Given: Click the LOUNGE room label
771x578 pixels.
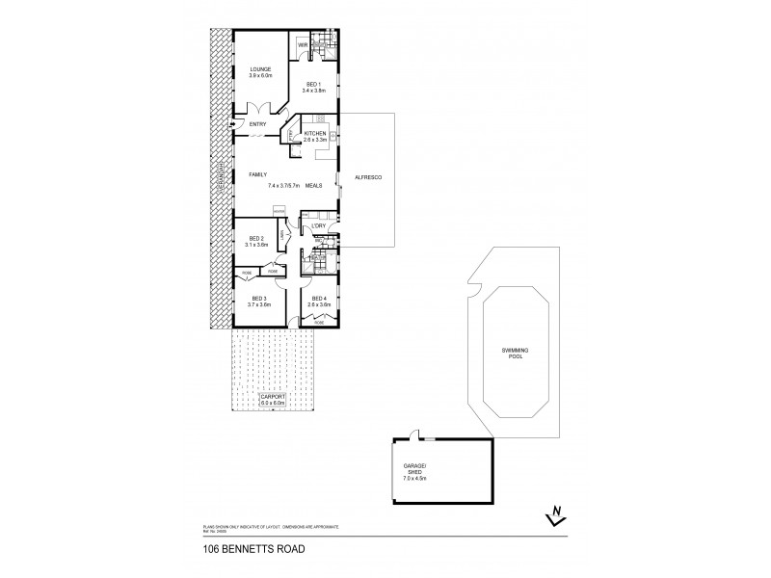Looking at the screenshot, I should pyautogui.click(x=260, y=69).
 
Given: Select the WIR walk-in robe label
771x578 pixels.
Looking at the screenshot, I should pyautogui.click(x=302, y=45).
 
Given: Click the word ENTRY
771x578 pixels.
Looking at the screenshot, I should pyautogui.click(x=258, y=124).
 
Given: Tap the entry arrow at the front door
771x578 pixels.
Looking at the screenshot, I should pyautogui.click(x=232, y=124).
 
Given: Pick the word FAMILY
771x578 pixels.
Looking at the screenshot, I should pyautogui.click(x=257, y=174).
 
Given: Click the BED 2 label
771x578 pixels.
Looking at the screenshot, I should pyautogui.click(x=256, y=241).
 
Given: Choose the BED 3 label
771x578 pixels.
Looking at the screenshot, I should pyautogui.click(x=258, y=301).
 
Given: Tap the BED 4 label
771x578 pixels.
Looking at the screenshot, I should pyautogui.click(x=318, y=301).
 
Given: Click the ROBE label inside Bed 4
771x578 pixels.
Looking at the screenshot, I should pyautogui.click(x=318, y=323).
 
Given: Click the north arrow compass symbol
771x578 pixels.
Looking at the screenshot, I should pyautogui.click(x=553, y=517).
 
